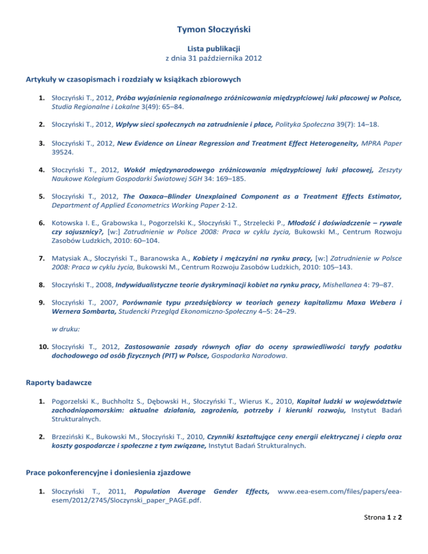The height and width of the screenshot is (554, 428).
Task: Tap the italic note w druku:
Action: tap(64, 329)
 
